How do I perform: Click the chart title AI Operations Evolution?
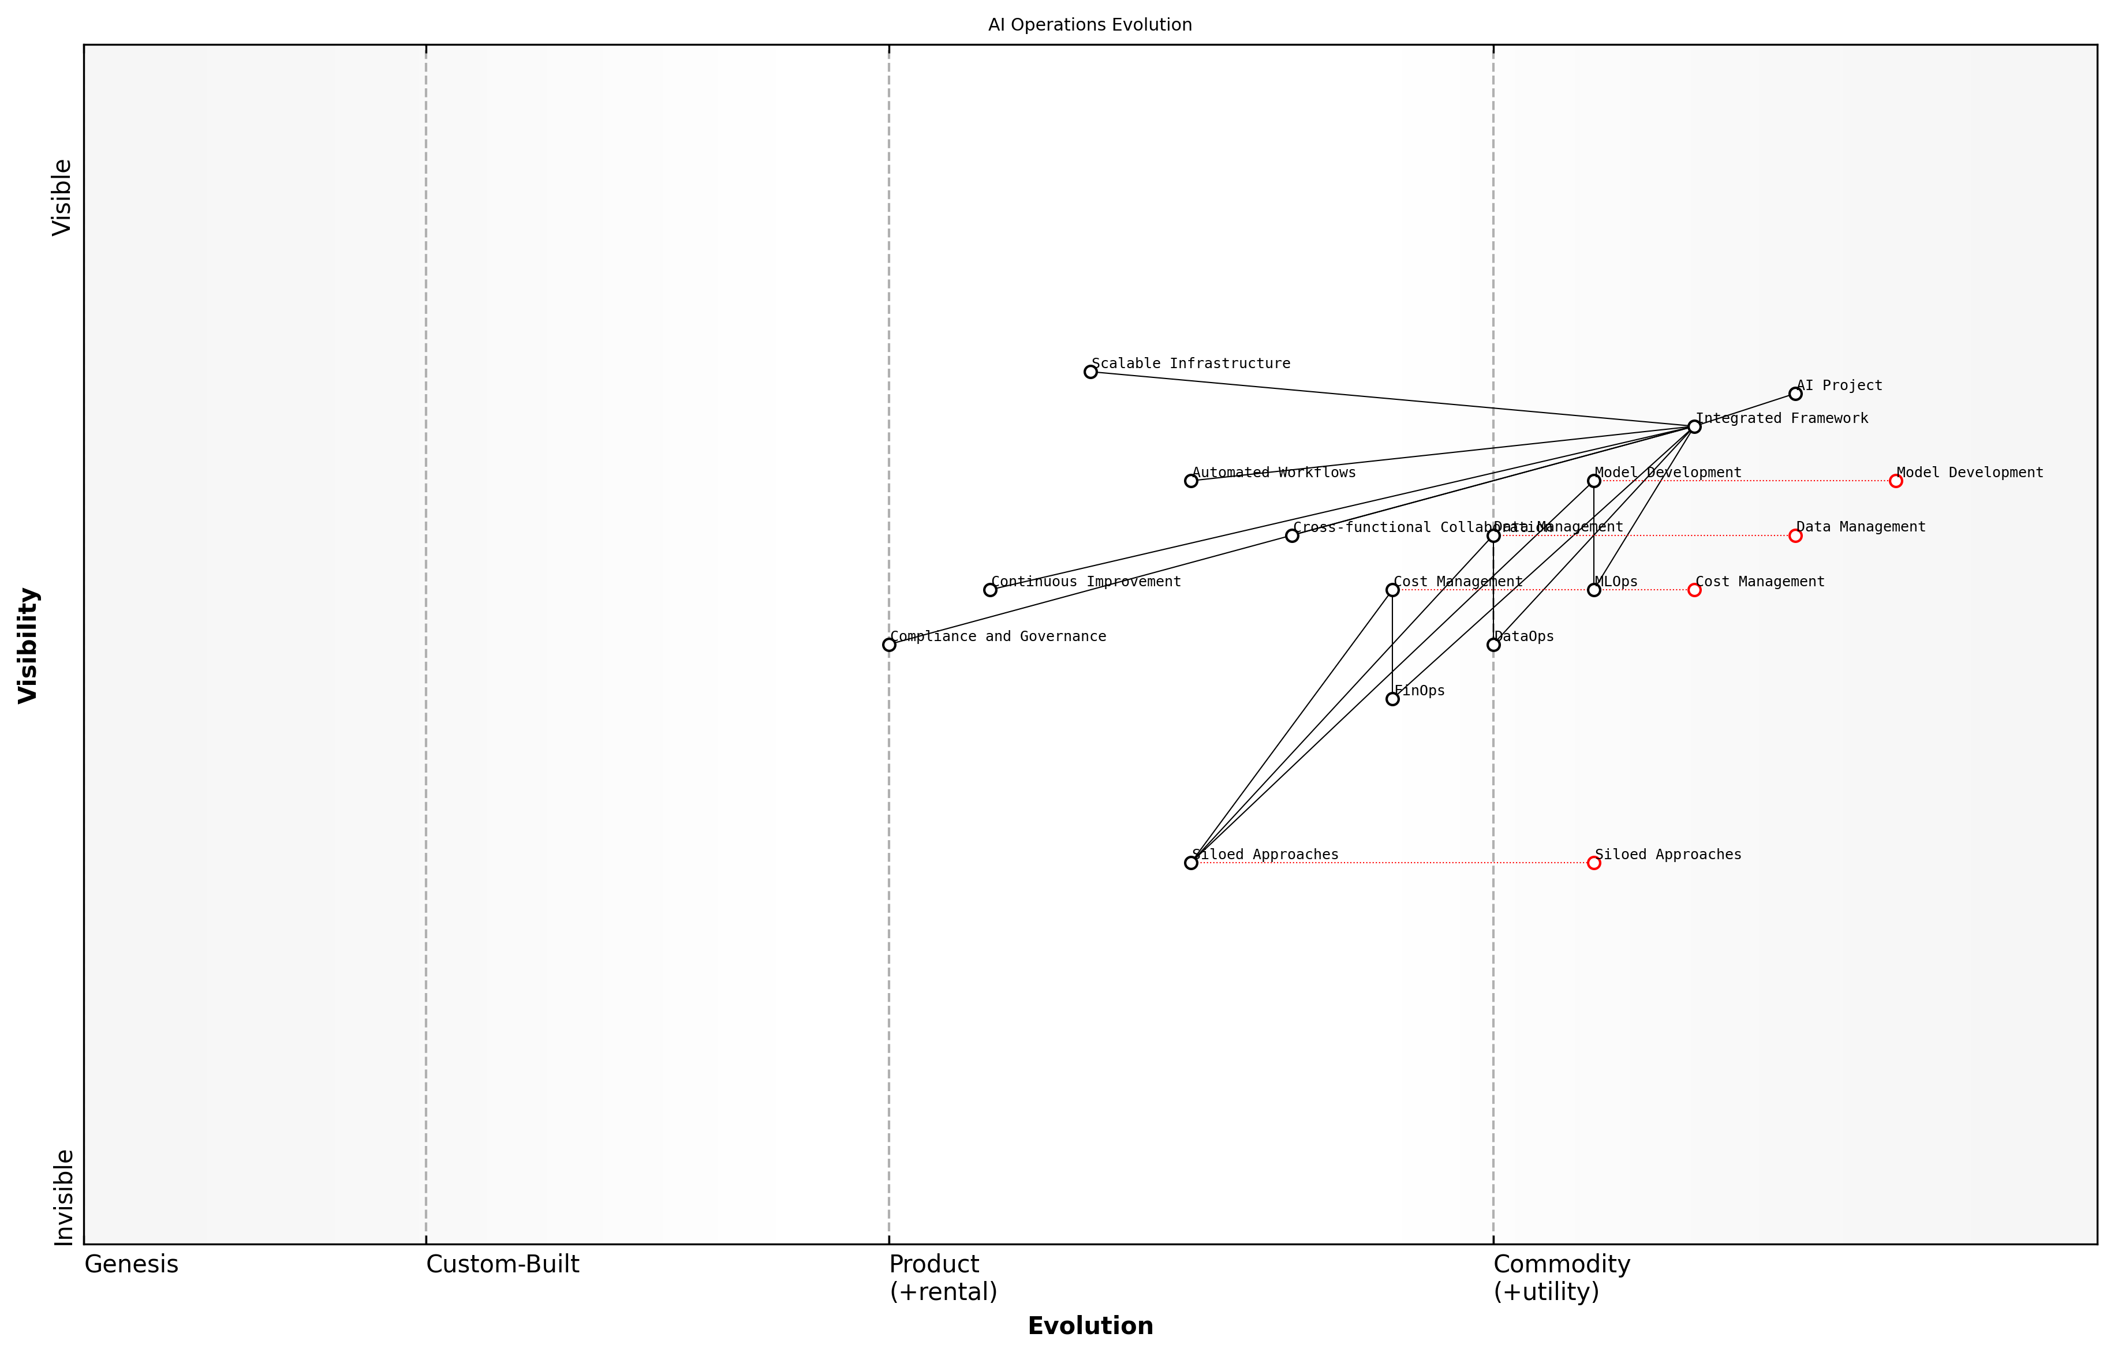click(1089, 25)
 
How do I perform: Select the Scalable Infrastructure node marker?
click(1090, 372)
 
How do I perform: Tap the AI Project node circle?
click(1795, 394)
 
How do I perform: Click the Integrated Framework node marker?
click(1694, 426)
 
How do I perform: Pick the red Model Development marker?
click(1896, 481)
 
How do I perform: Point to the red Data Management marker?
click(1795, 535)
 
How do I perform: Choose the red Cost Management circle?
click(1694, 590)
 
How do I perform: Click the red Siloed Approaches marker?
click(1593, 863)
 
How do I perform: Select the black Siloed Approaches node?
click(1191, 863)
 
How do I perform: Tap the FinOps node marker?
click(1392, 699)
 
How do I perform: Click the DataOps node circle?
click(1493, 645)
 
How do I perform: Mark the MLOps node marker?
click(1593, 590)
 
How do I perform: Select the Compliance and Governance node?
click(889, 645)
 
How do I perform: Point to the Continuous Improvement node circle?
click(990, 590)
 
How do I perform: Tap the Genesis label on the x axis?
click(131, 1264)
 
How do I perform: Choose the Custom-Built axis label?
click(502, 1264)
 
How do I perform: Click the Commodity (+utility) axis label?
click(1561, 1278)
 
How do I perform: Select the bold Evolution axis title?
click(1089, 1326)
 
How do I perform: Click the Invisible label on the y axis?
click(62, 1197)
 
